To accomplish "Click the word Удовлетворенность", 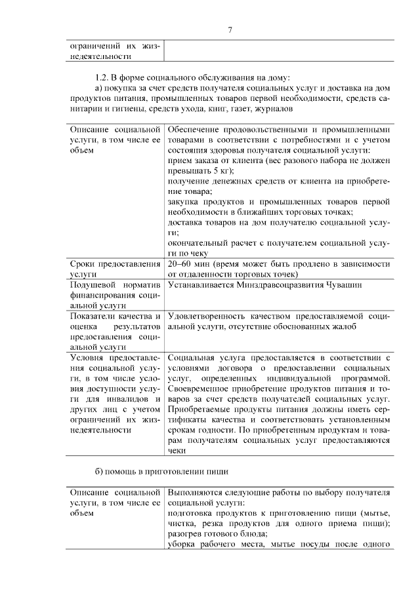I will click(x=207, y=317).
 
